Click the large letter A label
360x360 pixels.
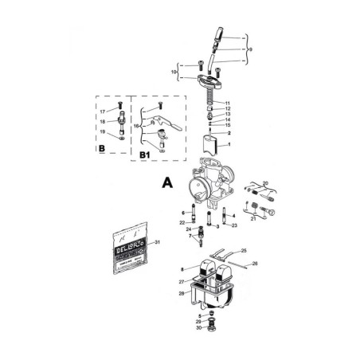[166, 182]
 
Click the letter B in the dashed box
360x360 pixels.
[101, 148]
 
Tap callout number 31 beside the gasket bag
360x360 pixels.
[158, 241]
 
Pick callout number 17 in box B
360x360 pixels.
[103, 112]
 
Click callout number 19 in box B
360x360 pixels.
[103, 136]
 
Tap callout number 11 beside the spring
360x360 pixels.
[227, 104]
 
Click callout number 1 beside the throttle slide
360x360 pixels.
[229, 145]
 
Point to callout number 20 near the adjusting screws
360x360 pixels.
[265, 183]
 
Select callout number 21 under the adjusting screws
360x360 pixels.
[254, 217]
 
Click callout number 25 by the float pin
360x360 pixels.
[244, 250]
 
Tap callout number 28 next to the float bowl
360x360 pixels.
[182, 294]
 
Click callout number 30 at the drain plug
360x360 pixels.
[199, 328]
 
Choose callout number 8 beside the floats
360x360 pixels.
[182, 270]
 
